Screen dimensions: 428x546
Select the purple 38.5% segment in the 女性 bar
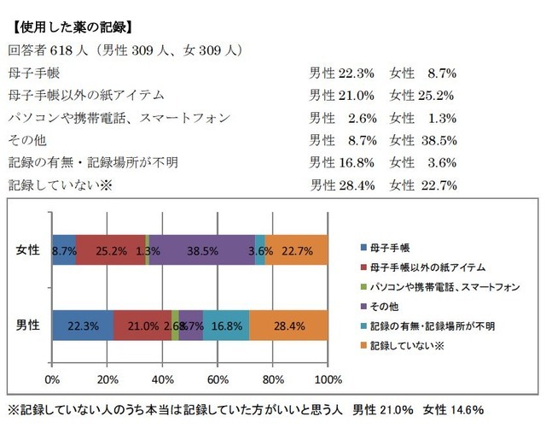[x=201, y=251]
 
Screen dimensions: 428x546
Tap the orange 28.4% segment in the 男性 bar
[x=288, y=325]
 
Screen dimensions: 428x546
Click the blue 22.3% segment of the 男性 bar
[x=83, y=325]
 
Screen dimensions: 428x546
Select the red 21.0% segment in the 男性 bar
[x=142, y=325]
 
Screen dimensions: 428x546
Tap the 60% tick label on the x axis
[x=218, y=378]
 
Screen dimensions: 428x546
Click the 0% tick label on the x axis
[x=52, y=378]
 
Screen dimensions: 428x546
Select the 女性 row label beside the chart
[x=28, y=250]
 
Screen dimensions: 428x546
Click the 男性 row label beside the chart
[x=28, y=325]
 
